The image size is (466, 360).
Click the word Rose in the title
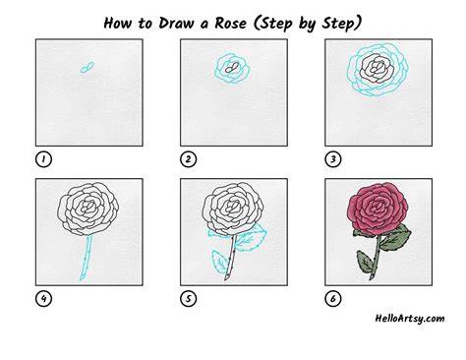click(x=231, y=24)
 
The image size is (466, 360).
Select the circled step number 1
click(x=43, y=159)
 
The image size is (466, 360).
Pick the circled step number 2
click(x=188, y=159)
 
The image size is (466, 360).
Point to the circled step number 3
click(x=333, y=159)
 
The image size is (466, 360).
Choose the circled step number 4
click(x=43, y=299)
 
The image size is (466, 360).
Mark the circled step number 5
click(x=188, y=299)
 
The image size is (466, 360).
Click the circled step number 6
click(x=333, y=299)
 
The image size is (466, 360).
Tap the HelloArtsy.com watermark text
click(x=410, y=319)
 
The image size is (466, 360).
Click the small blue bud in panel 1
click(x=87, y=67)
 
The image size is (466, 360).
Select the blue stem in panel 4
click(x=87, y=258)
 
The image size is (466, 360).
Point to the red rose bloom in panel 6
click(x=379, y=208)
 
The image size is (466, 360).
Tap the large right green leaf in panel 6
click(x=396, y=238)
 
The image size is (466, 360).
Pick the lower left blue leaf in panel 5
click(x=219, y=262)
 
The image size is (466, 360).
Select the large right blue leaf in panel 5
click(x=252, y=238)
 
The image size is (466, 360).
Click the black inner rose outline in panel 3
click(x=378, y=69)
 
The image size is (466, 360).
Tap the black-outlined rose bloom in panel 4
click(x=88, y=209)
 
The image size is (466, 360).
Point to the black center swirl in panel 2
click(x=232, y=68)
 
